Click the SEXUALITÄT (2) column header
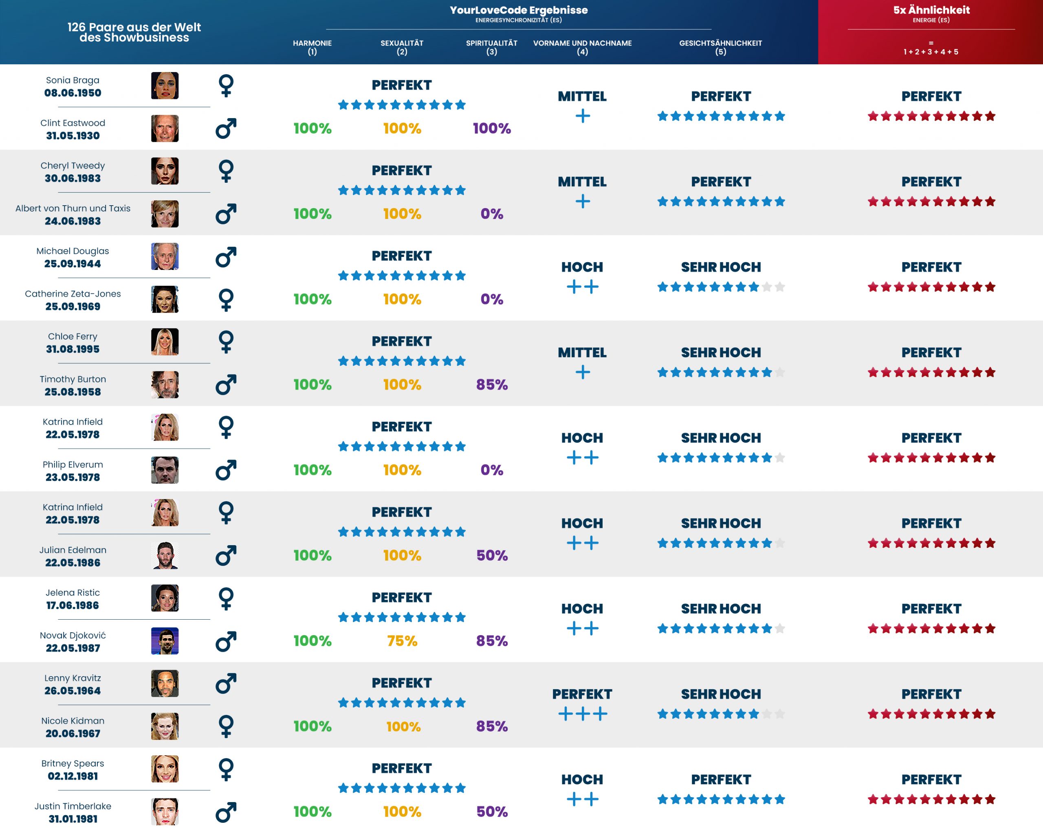tap(402, 47)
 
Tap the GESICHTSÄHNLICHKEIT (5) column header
tap(720, 47)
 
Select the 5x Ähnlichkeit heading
tap(931, 10)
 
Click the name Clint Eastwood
tap(73, 123)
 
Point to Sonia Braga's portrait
tap(165, 85)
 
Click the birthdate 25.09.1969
tap(73, 307)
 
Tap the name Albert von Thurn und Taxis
tap(73, 208)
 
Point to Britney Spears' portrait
tap(165, 769)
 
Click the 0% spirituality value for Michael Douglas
tap(491, 299)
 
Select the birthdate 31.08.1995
tap(73, 349)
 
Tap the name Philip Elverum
tap(73, 465)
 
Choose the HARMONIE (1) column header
tap(312, 47)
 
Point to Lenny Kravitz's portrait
tap(165, 683)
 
